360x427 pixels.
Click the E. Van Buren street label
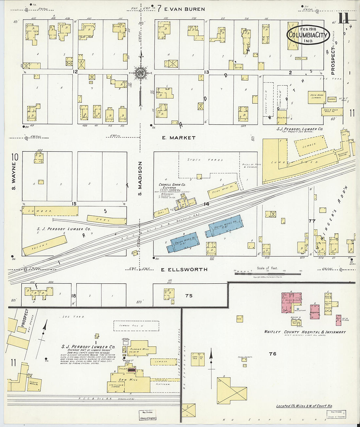coord(185,9)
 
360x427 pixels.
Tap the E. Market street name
coord(179,138)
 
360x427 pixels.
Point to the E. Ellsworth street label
coord(184,270)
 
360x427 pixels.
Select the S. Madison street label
coord(140,178)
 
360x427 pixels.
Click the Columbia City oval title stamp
coord(308,35)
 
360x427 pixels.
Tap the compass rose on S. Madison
coord(140,73)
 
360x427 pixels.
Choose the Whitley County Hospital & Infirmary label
coord(305,332)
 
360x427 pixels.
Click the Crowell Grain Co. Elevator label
coord(172,186)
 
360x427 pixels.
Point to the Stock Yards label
coord(205,160)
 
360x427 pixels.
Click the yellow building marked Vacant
coord(45,245)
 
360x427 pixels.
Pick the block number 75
coord(189,295)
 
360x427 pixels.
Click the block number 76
coord(272,354)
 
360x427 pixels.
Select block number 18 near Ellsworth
coord(74,296)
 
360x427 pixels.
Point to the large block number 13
coord(206,72)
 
